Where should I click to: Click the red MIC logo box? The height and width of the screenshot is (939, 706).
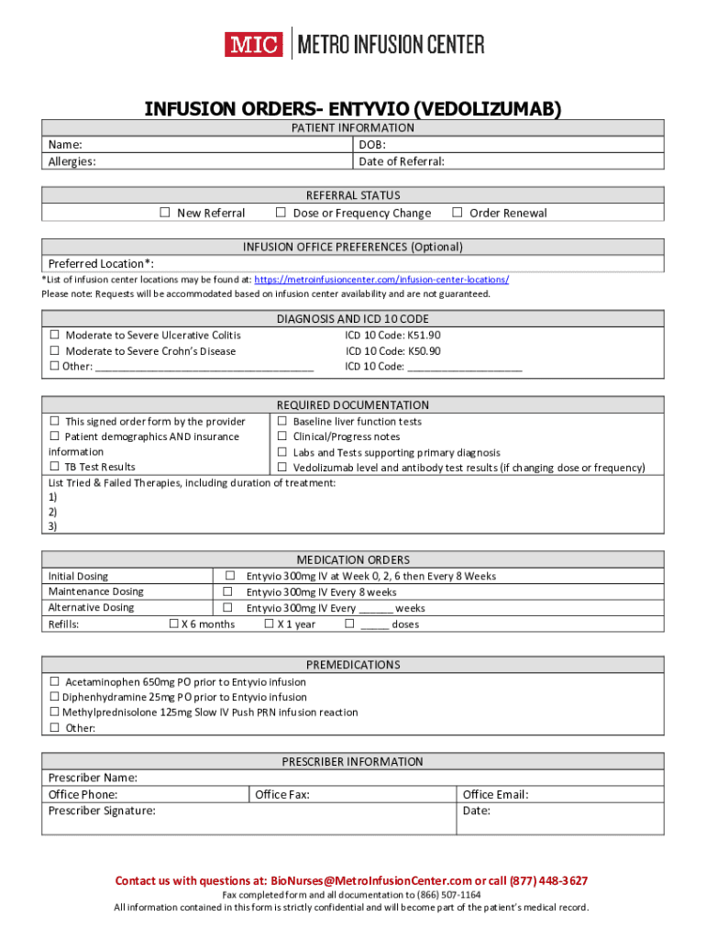click(x=253, y=44)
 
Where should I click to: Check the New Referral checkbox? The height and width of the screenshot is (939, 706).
click(x=165, y=213)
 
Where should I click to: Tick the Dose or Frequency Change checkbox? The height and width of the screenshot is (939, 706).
click(x=281, y=213)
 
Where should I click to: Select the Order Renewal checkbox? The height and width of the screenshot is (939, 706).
click(x=458, y=213)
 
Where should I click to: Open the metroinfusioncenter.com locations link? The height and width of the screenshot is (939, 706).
click(x=381, y=280)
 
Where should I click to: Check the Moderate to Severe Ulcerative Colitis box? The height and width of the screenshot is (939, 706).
click(x=55, y=336)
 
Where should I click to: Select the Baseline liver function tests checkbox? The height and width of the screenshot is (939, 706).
click(x=282, y=422)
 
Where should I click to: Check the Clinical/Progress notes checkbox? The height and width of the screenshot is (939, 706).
click(x=282, y=437)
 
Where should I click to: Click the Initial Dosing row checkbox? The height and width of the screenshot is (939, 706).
click(x=229, y=576)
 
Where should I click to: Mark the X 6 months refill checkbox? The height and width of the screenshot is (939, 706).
click(x=173, y=624)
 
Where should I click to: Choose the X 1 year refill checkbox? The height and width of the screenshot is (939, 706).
click(x=270, y=624)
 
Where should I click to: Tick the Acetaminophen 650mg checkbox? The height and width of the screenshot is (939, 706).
click(x=55, y=682)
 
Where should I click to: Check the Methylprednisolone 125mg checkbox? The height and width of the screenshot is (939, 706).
click(x=54, y=713)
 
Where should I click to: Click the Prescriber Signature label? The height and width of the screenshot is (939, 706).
click(x=102, y=811)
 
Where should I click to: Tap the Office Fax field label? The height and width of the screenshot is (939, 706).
click(x=282, y=795)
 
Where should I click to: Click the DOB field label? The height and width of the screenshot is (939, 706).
click(x=372, y=145)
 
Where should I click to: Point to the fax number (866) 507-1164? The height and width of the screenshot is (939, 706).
click(x=450, y=895)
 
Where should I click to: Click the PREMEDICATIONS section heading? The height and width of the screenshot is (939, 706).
click(x=353, y=665)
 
